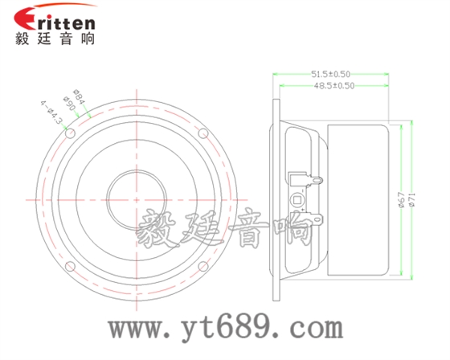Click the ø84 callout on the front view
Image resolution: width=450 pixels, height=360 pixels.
click(80, 96)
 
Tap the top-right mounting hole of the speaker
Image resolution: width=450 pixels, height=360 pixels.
click(204, 131)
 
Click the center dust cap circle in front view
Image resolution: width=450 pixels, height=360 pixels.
click(139, 195)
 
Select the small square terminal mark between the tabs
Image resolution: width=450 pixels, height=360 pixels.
click(297, 198)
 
